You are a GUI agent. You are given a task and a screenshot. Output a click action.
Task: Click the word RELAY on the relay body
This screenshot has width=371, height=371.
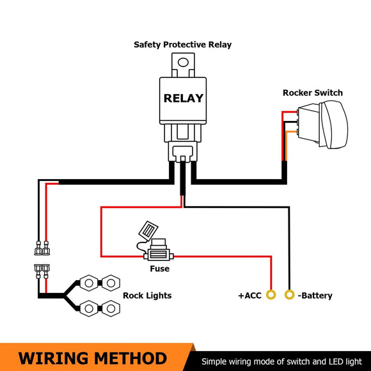click(183, 99)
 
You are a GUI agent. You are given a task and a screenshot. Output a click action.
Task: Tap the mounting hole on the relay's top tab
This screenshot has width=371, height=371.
click(183, 63)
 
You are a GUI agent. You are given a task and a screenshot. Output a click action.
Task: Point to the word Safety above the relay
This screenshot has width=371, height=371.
click(148, 45)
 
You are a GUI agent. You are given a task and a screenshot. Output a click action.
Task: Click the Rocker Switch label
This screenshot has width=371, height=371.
click(312, 93)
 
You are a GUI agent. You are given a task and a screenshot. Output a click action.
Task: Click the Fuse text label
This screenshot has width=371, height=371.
click(159, 269)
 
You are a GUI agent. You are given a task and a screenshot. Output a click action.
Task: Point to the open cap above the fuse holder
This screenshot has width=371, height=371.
click(146, 230)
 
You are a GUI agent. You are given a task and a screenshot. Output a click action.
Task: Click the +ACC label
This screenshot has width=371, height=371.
click(249, 296)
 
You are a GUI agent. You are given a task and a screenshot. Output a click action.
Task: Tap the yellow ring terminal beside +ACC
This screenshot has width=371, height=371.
click(271, 295)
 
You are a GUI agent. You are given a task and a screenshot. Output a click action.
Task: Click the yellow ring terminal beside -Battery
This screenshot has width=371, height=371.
click(290, 295)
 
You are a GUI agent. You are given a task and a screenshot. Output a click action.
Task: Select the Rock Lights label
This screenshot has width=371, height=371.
click(147, 296)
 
